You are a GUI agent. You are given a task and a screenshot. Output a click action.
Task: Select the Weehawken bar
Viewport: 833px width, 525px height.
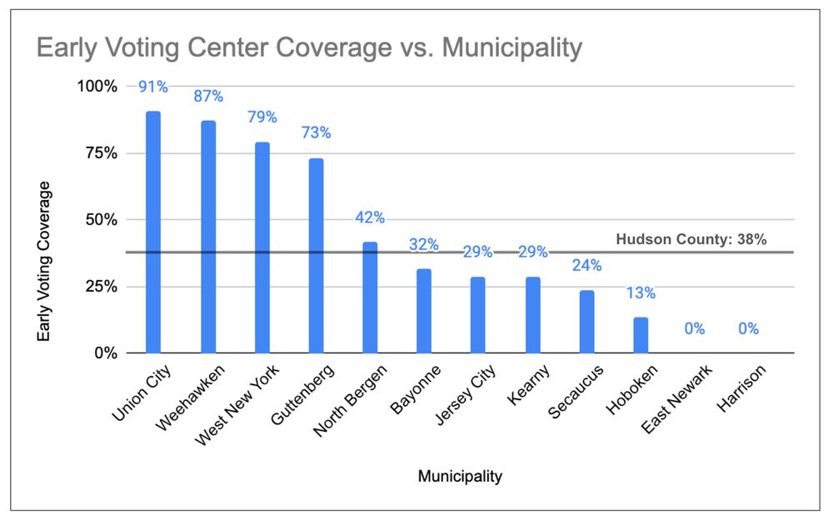(x=207, y=237)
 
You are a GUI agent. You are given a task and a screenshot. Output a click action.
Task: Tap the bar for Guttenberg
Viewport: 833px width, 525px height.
(x=316, y=255)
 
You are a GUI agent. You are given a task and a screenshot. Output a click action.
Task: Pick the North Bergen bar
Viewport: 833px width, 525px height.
(x=370, y=297)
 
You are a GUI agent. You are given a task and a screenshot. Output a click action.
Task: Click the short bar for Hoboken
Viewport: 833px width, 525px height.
(x=641, y=335)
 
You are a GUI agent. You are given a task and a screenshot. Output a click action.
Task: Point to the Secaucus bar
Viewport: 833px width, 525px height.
(x=586, y=321)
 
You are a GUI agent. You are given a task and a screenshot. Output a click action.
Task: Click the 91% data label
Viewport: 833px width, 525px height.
(x=153, y=87)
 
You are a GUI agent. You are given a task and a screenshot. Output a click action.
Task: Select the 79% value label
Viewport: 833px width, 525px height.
(x=262, y=117)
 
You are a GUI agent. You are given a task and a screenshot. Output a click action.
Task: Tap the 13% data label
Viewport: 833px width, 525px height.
(x=641, y=293)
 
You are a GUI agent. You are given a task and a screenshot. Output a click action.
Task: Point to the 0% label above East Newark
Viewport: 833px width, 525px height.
(x=695, y=329)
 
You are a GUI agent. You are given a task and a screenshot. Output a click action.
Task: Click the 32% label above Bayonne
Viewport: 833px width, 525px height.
(x=424, y=245)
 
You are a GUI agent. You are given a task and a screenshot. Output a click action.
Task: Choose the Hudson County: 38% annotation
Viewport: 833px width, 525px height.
(x=691, y=240)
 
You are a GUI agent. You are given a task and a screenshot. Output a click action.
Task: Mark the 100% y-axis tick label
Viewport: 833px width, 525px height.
(x=98, y=87)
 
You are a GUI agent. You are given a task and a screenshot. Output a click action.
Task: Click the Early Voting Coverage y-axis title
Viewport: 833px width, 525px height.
(x=45, y=261)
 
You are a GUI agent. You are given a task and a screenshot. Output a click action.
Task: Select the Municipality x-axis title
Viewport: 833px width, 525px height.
(x=461, y=477)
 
